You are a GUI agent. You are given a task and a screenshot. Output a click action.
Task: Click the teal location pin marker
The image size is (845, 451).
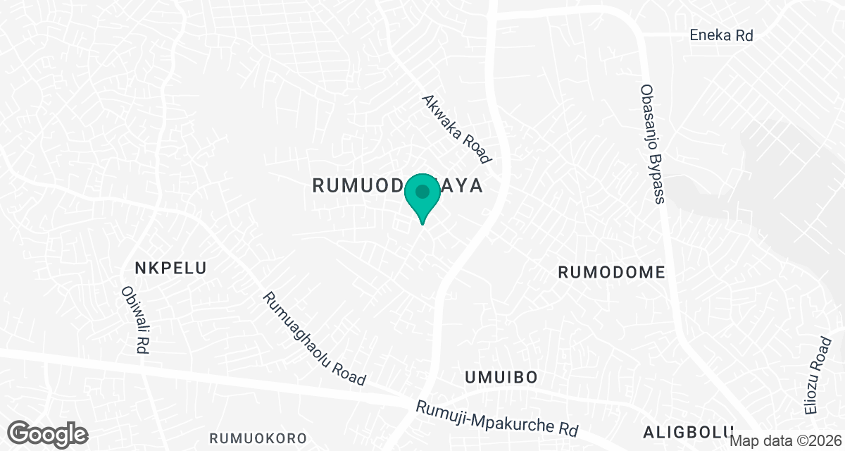pos(423,197)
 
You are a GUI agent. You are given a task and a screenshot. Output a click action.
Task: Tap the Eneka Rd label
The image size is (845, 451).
pos(721,35)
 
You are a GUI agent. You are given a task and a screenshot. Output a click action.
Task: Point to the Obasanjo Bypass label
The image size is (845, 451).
pos(652,144)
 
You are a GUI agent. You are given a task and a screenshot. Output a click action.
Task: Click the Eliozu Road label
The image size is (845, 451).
pos(818,376)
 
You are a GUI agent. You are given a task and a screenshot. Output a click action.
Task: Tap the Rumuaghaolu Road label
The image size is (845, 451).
pos(315,339)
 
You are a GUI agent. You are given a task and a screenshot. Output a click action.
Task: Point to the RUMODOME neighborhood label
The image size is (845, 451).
pos(611,273)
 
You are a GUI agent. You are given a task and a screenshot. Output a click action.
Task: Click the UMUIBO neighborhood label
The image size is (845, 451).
pos(501,378)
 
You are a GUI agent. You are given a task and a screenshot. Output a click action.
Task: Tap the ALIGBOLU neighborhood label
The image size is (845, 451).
pos(688,431)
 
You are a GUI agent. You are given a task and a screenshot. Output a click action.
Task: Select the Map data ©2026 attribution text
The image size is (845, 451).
pos(785,440)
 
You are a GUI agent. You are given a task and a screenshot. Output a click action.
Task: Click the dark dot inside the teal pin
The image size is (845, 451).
pos(423,191)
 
